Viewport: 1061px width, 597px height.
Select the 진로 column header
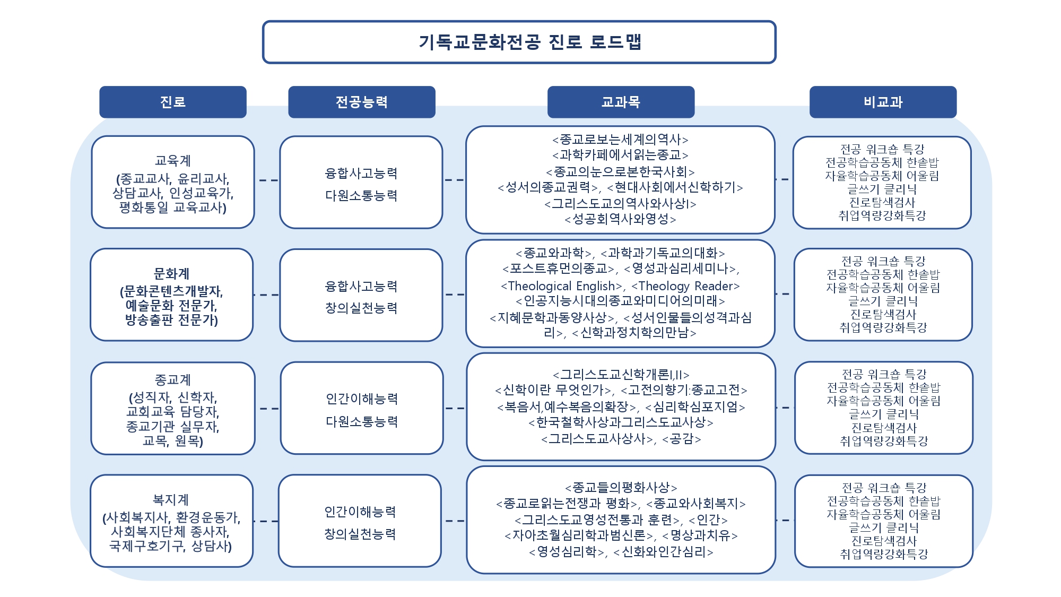pos(172,102)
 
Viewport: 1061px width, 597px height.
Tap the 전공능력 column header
pos(361,102)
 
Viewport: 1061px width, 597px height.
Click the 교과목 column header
pos(621,102)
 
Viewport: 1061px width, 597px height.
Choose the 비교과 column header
pos(883,102)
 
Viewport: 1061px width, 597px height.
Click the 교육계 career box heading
pos(172,160)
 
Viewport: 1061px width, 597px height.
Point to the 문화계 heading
pos(171,274)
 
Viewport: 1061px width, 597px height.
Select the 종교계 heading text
pos(172,380)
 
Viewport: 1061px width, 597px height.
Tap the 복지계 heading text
pos(171,500)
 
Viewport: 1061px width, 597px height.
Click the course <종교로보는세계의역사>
pos(620,140)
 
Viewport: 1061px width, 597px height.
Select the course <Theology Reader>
pos(685,287)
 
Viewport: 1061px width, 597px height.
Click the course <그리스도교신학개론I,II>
pos(621,375)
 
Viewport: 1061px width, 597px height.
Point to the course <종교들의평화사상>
pos(621,488)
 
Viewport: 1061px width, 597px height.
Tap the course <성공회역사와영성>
pos(620,219)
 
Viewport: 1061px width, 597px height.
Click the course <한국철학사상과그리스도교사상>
pos(621,423)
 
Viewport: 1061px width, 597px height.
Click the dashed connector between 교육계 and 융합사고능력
pos(268,180)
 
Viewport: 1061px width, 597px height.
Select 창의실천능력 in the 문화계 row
pos(361,308)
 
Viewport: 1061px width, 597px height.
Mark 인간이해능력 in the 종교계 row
pos(362,399)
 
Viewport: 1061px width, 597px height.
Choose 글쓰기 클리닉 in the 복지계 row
pos(883,528)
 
